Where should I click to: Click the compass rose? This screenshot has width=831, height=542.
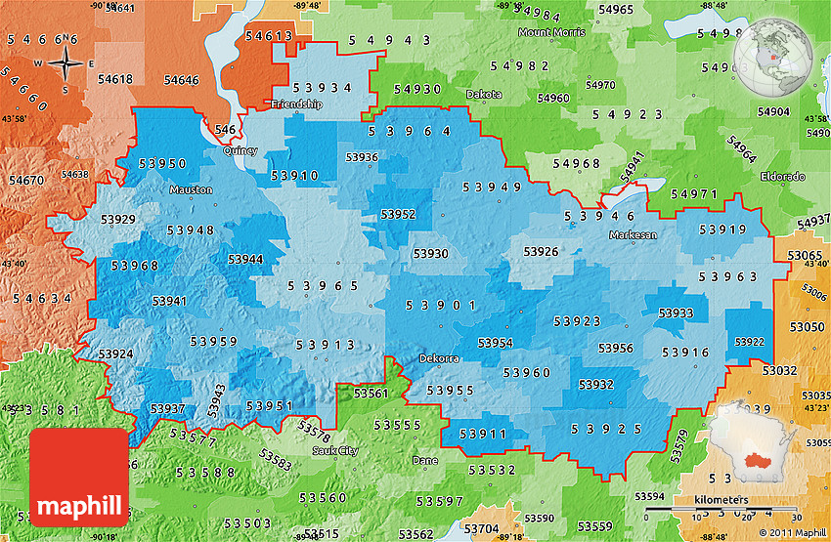[65, 65]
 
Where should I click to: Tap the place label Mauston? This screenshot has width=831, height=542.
[190, 189]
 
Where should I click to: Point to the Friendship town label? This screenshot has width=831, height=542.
[296, 104]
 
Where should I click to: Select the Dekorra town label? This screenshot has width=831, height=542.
[439, 358]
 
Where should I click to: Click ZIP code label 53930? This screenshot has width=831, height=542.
[430, 253]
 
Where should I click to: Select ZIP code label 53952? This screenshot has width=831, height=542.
[398, 213]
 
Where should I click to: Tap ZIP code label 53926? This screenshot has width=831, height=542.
[541, 252]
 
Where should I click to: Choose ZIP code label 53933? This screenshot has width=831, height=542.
[676, 313]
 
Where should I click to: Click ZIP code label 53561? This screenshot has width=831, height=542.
[372, 393]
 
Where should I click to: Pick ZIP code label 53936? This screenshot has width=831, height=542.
[362, 157]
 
